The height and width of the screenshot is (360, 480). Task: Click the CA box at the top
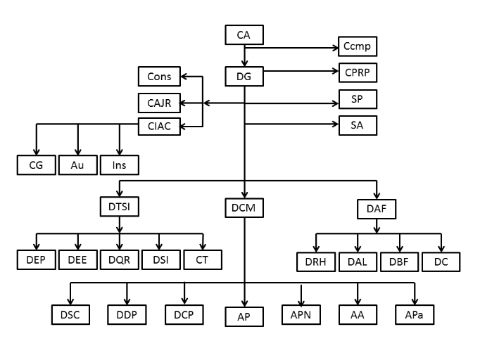point(244,34)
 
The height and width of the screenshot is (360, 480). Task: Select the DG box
point(244,75)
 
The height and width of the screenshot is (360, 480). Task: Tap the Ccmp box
point(357,48)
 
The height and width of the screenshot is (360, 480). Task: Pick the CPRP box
point(357,72)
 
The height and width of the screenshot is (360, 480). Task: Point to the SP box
point(357,99)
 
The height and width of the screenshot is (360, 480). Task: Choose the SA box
point(357,125)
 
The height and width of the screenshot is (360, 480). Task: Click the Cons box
point(159,76)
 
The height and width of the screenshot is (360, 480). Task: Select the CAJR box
point(159,102)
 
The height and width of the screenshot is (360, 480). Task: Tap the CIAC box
point(159,127)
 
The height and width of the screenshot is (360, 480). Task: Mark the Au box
point(77,165)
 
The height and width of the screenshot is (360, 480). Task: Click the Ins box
point(119,165)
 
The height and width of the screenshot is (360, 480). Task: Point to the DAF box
point(377,207)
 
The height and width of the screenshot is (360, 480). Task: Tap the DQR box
point(119,260)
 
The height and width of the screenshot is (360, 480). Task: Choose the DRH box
point(315,262)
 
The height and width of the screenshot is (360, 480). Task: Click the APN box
point(301,314)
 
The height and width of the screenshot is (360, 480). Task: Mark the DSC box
point(70,314)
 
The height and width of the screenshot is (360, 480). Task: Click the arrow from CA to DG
point(244,55)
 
